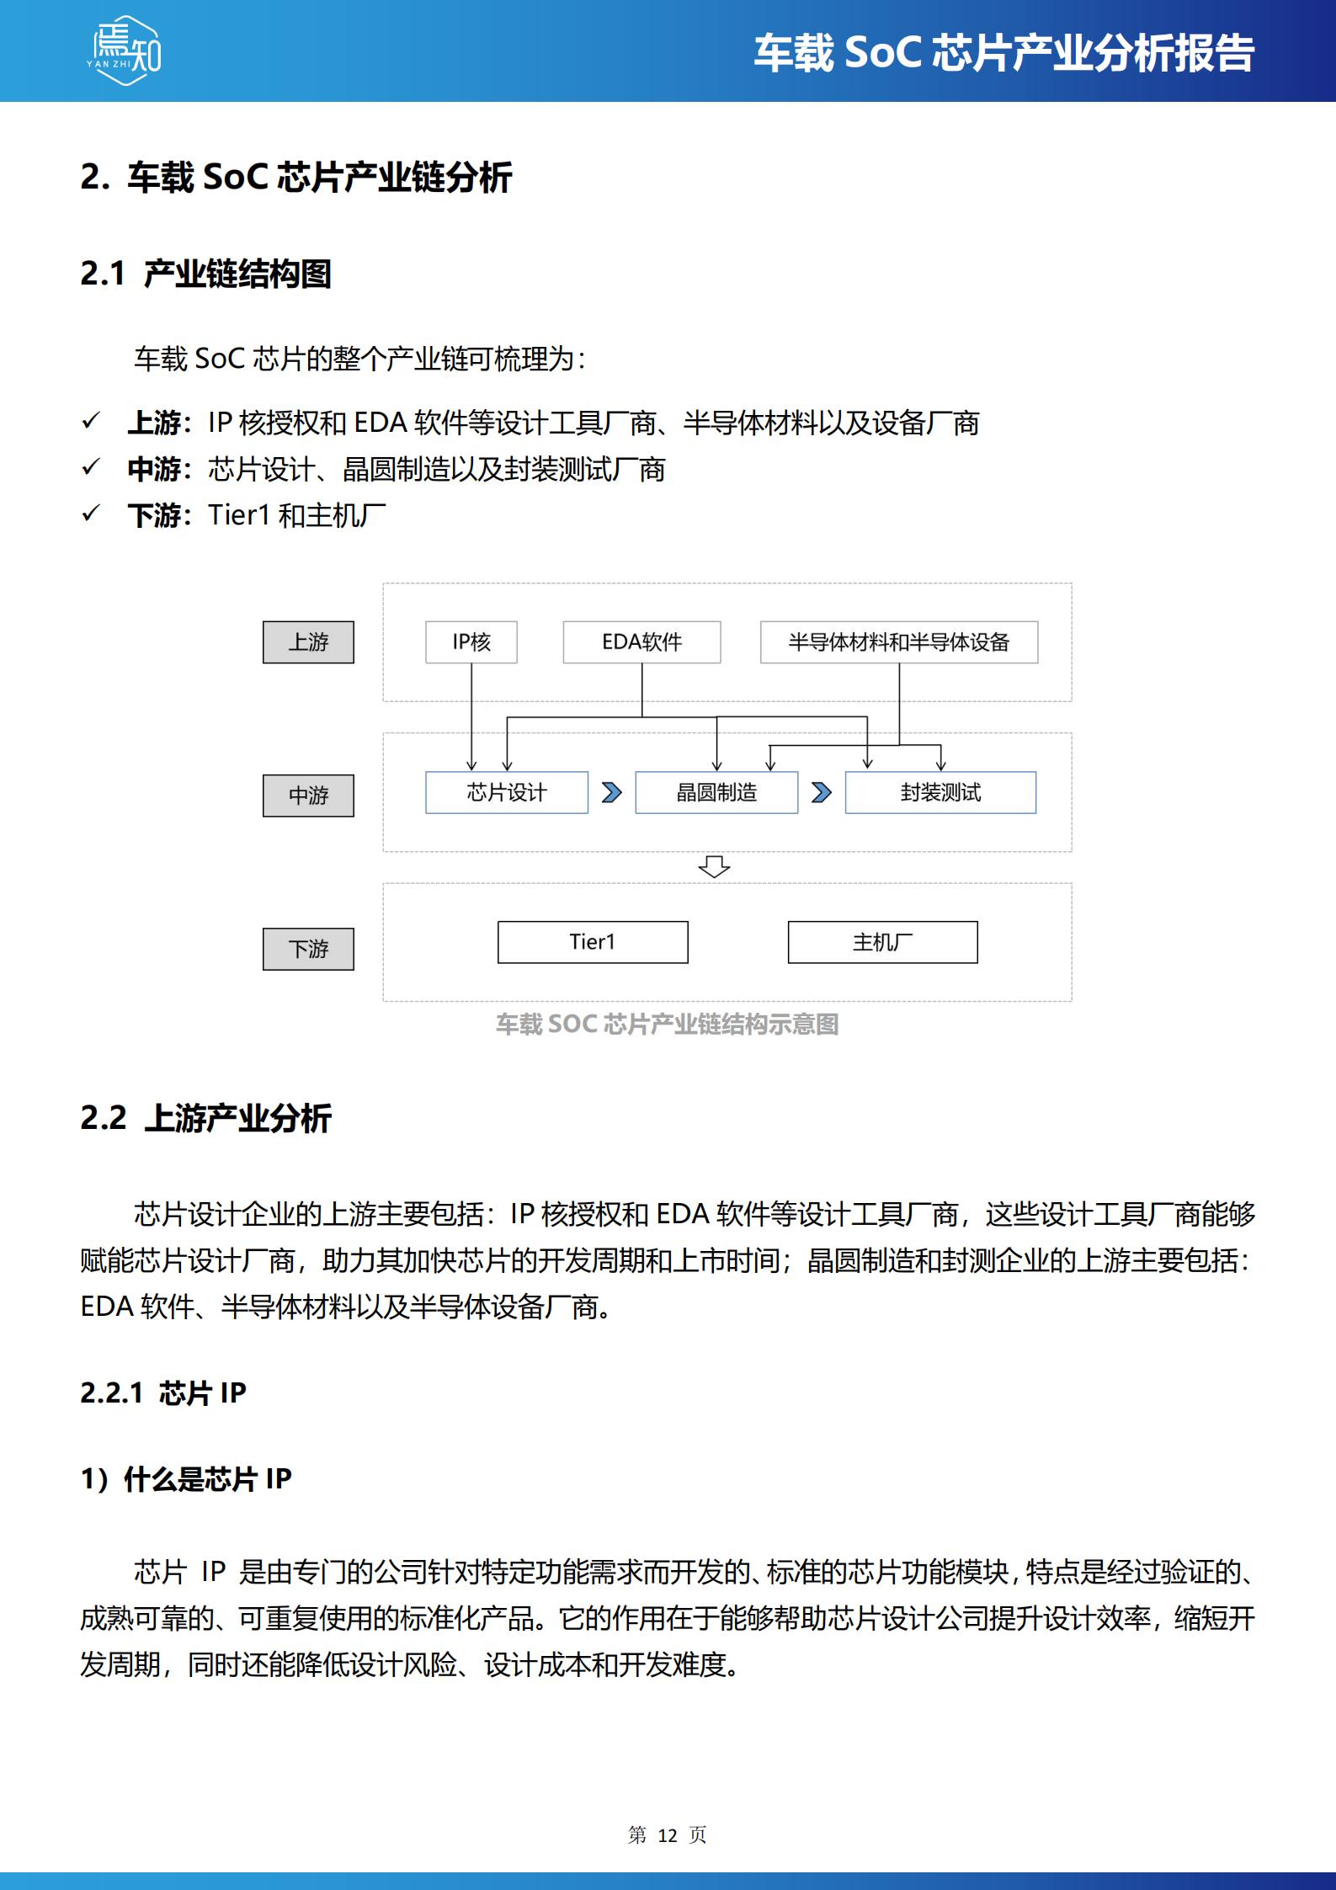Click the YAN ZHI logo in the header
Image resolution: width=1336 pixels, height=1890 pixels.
coord(124,51)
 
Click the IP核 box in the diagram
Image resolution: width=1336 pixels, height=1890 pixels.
coord(471,642)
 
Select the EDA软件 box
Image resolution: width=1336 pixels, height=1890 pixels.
coord(641,642)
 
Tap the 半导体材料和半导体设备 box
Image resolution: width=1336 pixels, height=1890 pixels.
coord(898,642)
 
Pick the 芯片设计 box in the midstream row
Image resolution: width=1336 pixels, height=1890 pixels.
coord(506,792)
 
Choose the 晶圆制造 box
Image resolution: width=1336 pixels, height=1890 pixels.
coord(716,792)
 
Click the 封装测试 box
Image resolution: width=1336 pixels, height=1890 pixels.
coord(939,792)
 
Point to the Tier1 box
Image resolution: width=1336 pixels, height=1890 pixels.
coord(592,942)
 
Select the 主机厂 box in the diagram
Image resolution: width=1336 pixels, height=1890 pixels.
coord(882,942)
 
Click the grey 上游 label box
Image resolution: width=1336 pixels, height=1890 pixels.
coord(308,642)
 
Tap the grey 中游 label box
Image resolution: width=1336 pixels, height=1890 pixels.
coord(308,796)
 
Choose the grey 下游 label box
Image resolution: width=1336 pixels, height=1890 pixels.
coord(308,949)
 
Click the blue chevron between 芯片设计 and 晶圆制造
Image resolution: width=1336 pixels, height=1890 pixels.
coord(612,792)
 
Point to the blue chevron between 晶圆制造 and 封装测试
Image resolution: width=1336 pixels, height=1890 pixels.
coord(821,792)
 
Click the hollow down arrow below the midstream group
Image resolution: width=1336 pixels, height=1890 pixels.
coord(714,866)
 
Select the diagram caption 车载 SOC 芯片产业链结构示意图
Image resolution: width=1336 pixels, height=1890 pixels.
coord(667,1024)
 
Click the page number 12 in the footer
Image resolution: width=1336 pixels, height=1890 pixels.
coord(667,1835)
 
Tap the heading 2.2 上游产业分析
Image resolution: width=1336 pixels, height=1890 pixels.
coord(205,1118)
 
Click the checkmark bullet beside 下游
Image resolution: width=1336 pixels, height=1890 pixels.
coord(90,514)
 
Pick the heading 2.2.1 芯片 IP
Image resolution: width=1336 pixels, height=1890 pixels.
coord(163,1392)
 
